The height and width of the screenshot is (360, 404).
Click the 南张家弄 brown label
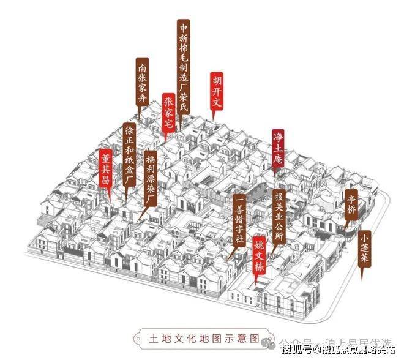pos(142,82)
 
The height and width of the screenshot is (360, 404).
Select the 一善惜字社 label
pos(239,220)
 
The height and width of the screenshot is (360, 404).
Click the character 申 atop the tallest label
pos(182,27)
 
